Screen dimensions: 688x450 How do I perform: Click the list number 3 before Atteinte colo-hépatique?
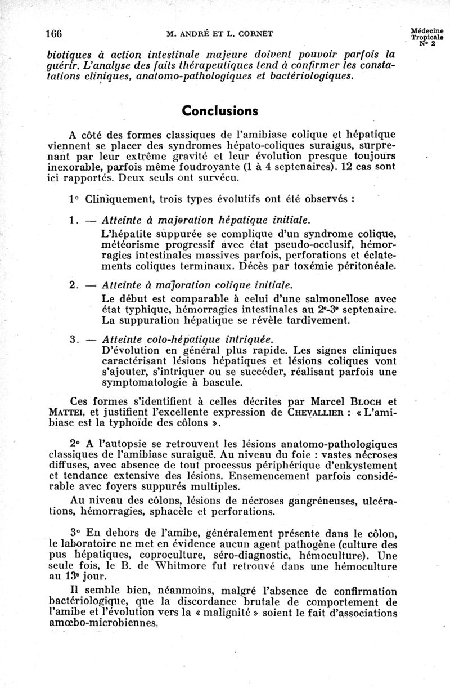[x=73, y=339]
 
